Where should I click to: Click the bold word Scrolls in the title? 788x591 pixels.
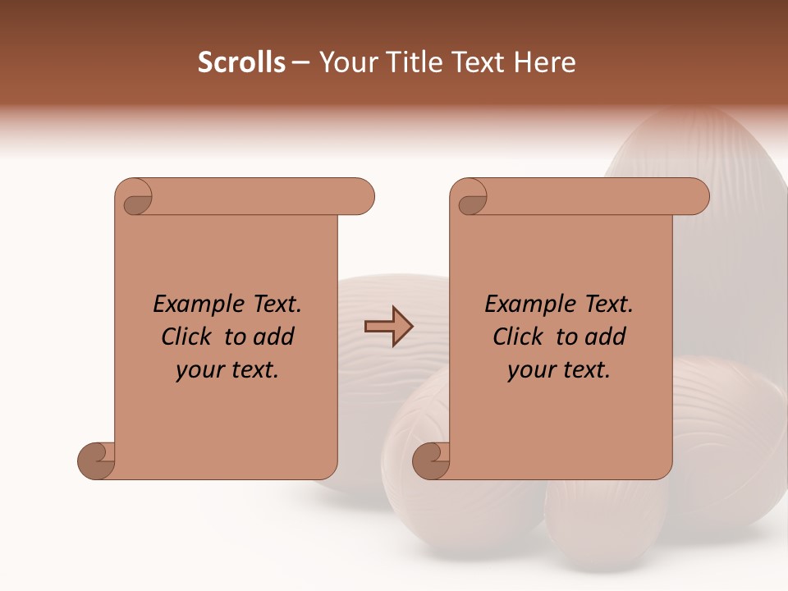[241, 62]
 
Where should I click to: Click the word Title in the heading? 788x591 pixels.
[415, 62]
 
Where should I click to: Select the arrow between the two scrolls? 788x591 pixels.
[388, 326]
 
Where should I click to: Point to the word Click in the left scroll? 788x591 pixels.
[189, 337]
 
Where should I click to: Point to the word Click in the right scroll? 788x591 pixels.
[520, 337]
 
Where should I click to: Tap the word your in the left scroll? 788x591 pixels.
[199, 370]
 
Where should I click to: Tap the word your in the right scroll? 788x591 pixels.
[530, 370]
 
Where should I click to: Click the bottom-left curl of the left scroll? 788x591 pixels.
[96, 461]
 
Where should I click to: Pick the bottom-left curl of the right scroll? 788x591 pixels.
[431, 461]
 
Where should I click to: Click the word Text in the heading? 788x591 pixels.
[478, 62]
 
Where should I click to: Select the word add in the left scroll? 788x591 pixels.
[274, 337]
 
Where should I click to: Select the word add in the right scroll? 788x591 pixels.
[606, 337]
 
